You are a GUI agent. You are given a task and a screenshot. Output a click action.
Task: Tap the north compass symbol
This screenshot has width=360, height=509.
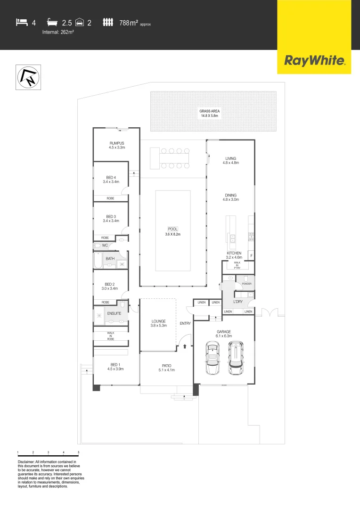[29, 77]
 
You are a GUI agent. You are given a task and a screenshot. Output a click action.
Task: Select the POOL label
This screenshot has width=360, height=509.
[172, 229]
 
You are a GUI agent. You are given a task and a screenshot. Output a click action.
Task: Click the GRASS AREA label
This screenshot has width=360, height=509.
[209, 111]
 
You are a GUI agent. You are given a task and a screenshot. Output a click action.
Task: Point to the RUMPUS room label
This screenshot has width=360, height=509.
[116, 143]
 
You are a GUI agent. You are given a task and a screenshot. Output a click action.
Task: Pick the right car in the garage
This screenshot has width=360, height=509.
[235, 358]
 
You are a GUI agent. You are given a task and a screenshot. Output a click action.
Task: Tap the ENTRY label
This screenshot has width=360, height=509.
[185, 323]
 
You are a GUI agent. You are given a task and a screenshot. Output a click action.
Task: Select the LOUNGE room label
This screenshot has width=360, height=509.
[158, 321]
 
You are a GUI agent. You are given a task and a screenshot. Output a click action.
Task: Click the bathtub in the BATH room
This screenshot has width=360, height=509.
[98, 260]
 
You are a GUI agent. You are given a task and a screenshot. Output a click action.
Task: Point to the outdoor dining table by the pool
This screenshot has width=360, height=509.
[171, 158]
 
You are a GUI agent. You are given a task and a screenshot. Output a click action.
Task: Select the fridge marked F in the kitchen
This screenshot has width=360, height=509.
[252, 256]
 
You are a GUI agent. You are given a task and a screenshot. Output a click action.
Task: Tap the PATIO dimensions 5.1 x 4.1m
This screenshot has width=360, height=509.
[166, 370]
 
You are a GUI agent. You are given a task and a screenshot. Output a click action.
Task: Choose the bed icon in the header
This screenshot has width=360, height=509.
[22, 22]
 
